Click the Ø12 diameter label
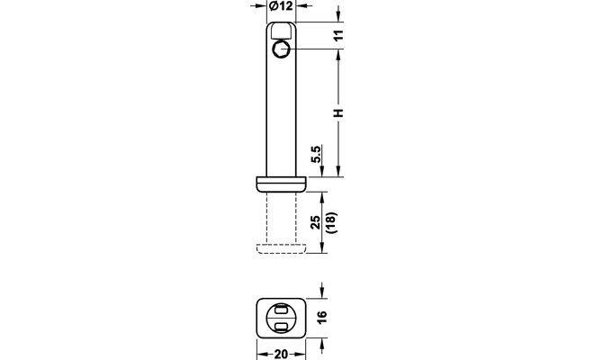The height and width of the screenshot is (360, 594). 281,5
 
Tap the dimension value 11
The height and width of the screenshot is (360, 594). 339,35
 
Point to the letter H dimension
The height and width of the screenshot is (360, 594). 338,112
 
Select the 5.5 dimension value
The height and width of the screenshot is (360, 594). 316,154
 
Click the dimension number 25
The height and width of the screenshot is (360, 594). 316,222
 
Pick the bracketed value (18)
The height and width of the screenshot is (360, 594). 332,222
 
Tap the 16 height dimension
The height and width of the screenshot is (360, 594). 321,317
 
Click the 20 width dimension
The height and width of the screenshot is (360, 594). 281,355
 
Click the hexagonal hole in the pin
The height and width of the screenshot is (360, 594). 281,49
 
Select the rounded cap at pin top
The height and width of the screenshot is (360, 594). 281,31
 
